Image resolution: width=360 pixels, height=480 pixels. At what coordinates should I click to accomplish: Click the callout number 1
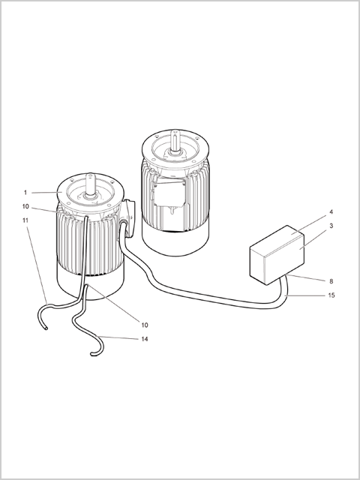click(x=25, y=193)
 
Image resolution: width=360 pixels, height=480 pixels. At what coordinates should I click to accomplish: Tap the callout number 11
click(x=25, y=220)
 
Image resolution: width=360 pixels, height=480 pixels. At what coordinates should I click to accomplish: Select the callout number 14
click(x=145, y=339)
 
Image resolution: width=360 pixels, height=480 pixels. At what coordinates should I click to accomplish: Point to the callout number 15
click(x=331, y=295)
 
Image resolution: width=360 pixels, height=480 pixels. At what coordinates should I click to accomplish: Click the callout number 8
click(x=331, y=281)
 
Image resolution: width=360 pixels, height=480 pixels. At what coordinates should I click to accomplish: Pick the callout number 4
click(x=331, y=211)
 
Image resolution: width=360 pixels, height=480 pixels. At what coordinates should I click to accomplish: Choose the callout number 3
click(x=331, y=226)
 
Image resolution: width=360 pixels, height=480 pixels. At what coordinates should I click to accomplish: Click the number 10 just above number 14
click(x=145, y=325)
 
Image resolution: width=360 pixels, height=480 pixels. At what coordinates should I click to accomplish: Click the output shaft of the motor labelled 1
click(x=90, y=185)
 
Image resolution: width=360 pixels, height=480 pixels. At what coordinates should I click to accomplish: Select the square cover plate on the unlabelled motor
click(x=169, y=193)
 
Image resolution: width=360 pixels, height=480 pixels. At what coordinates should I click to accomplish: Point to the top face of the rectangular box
click(x=277, y=240)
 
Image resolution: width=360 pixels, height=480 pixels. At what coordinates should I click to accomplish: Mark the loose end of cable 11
click(x=46, y=328)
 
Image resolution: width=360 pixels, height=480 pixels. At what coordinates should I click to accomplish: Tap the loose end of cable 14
click(x=91, y=355)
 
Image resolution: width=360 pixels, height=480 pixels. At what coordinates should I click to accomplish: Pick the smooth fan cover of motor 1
click(x=91, y=286)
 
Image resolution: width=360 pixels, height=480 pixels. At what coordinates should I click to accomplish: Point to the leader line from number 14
click(x=117, y=337)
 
